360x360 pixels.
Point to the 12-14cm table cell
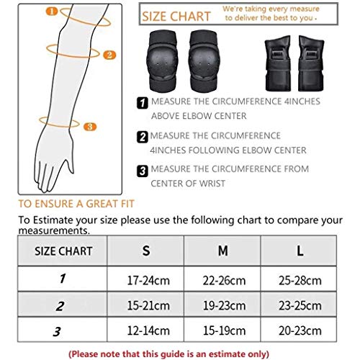pos(146,333)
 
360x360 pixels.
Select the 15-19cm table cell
pos(223,333)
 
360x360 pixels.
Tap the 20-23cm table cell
pos(300,333)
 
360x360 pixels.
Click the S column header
pos(146,251)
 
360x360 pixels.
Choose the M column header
pos(223,251)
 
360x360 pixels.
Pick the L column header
pos(300,251)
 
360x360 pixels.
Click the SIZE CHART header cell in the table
pos(63,251)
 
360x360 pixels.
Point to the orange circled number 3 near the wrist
pos(89,127)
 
